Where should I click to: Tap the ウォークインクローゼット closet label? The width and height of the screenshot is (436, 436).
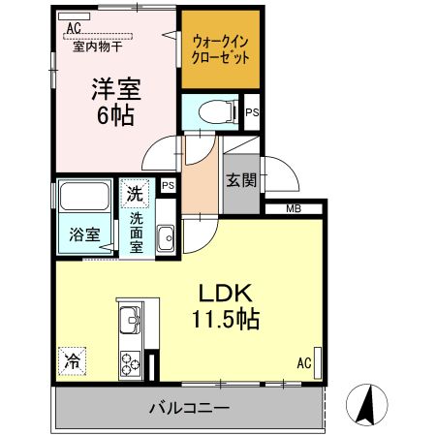click(x=222, y=49)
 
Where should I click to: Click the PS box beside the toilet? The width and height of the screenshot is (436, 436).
click(x=252, y=112)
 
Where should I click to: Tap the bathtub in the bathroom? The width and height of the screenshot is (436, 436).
click(x=84, y=200)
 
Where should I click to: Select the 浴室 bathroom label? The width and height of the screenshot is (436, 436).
click(x=83, y=234)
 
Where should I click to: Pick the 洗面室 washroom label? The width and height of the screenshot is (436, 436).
click(x=138, y=233)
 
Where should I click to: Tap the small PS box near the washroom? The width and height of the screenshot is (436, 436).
click(x=168, y=186)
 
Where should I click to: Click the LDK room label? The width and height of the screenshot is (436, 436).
click(x=229, y=293)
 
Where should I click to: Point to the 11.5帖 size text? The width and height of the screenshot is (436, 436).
click(x=229, y=318)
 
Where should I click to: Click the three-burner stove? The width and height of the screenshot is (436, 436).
click(x=130, y=361)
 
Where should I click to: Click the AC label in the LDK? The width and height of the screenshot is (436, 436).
click(x=303, y=364)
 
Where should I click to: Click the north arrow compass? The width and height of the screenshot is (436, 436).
click(x=369, y=404)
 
